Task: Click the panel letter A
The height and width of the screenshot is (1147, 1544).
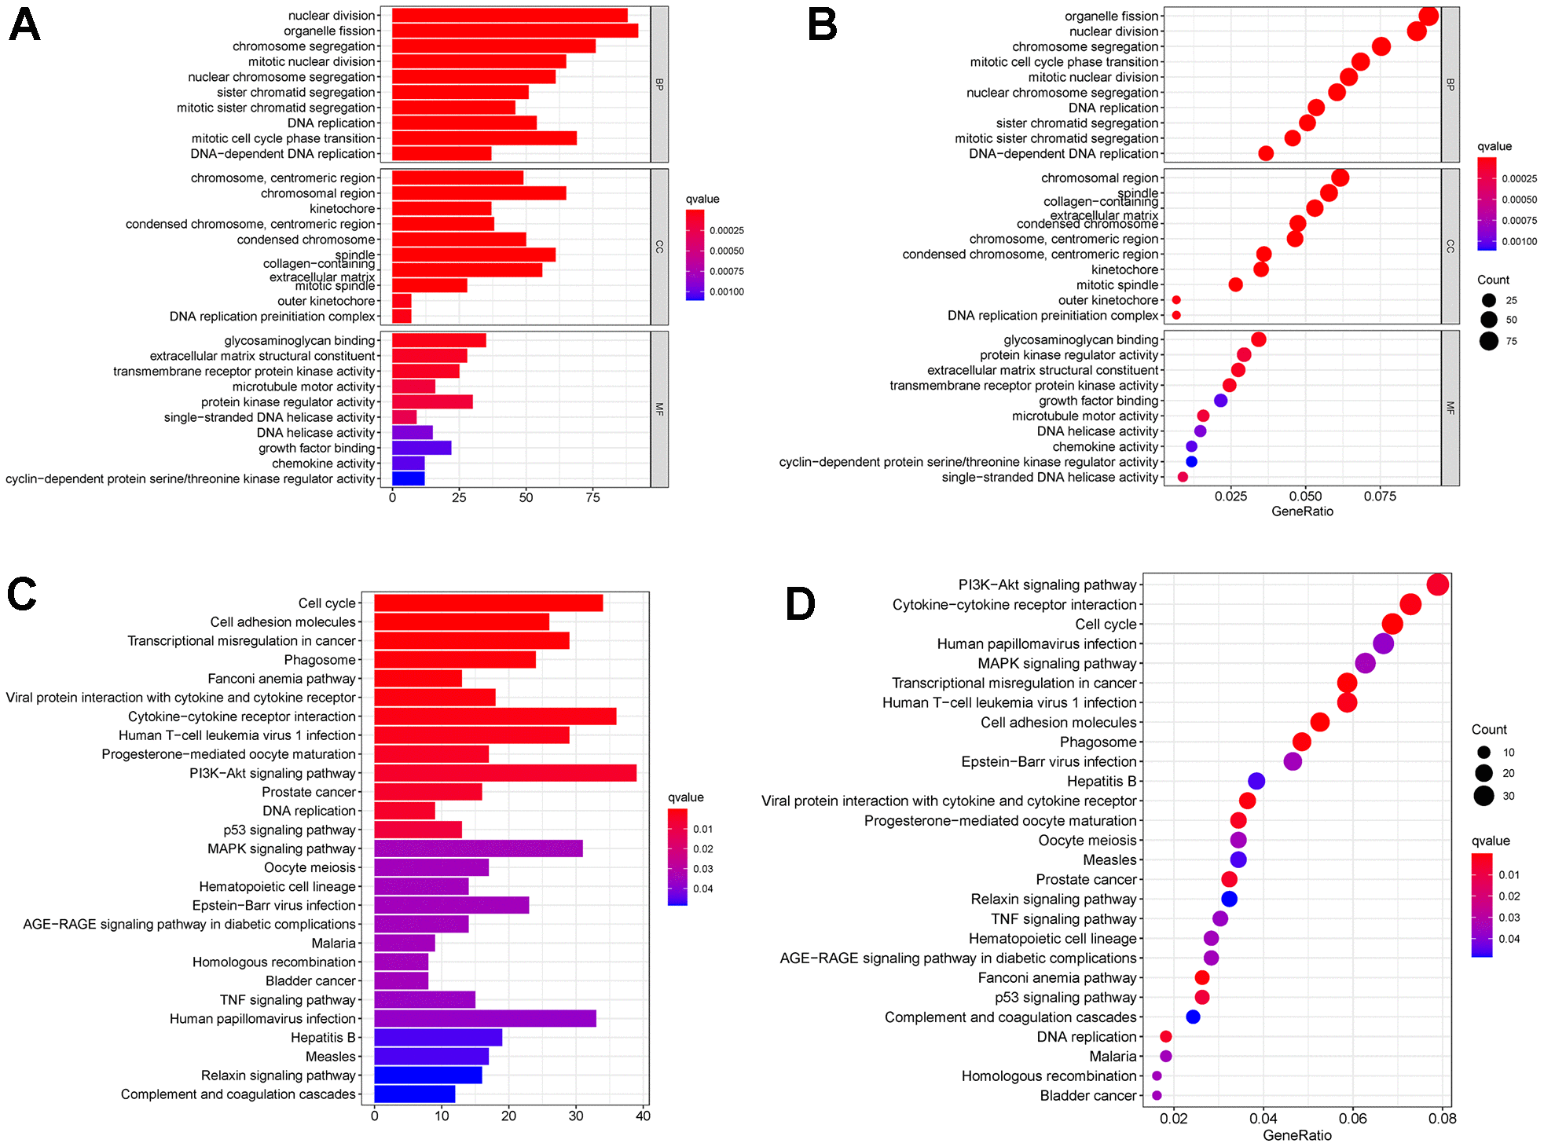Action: [x=24, y=25]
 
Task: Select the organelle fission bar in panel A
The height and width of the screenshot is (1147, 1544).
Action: [x=515, y=31]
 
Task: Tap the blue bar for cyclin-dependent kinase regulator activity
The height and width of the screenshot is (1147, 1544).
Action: [x=408, y=478]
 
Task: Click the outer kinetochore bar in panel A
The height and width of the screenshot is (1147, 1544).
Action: [x=402, y=301]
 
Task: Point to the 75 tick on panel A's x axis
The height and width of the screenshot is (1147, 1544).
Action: [x=592, y=497]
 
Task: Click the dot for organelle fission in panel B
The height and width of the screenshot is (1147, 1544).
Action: [x=1428, y=16]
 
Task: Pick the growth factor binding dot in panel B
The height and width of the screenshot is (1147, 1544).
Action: [x=1220, y=401]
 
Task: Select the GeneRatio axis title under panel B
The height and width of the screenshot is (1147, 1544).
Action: [x=1302, y=511]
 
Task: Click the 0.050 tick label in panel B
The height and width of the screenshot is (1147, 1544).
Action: [x=1305, y=497]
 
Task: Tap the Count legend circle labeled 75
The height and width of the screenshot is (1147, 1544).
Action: [x=1488, y=341]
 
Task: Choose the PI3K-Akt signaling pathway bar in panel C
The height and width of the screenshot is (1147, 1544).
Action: [x=504, y=773]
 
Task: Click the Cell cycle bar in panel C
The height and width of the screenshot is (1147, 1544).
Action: [x=488, y=603]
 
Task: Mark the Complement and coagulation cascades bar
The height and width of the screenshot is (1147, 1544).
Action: [x=414, y=1094]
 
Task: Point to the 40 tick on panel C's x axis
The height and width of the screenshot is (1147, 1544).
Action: [x=643, y=1116]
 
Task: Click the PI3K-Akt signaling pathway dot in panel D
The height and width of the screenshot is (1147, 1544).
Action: [x=1437, y=584]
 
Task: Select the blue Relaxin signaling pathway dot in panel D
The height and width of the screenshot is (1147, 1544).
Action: [x=1229, y=899]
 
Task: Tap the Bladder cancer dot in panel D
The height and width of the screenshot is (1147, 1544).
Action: [x=1157, y=1095]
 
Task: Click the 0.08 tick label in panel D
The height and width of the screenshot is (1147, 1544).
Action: [x=1443, y=1118]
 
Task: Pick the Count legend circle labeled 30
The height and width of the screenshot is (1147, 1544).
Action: [x=1483, y=796]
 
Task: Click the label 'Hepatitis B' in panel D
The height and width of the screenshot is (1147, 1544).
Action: [x=1102, y=781]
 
